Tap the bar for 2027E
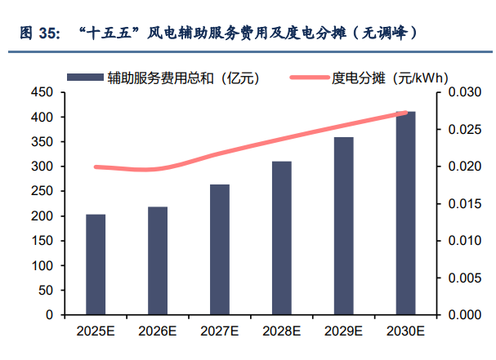220,249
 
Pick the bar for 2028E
282,238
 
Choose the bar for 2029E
344,225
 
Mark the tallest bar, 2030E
405,212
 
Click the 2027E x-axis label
220,331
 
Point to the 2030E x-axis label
405,331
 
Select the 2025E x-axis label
96,331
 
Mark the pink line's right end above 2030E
406,113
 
